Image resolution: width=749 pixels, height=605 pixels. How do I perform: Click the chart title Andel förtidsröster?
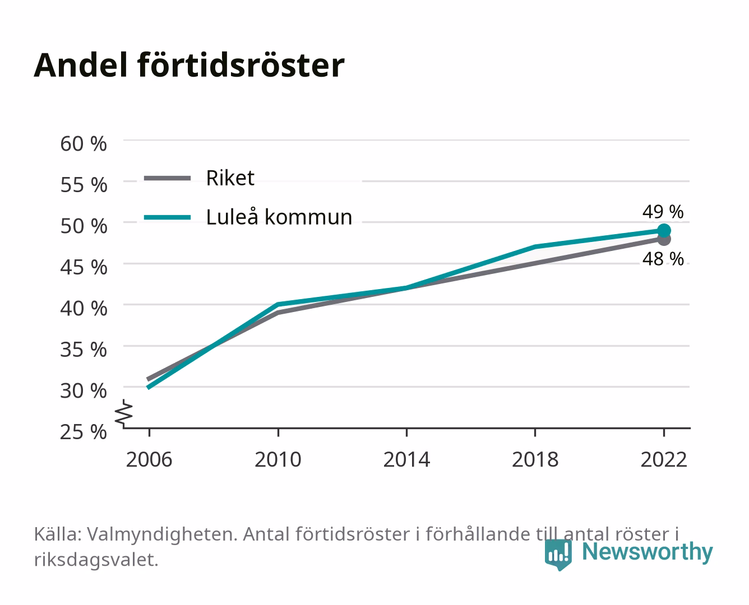pyautogui.click(x=189, y=66)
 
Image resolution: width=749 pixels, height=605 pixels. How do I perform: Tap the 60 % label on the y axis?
pyautogui.click(x=84, y=144)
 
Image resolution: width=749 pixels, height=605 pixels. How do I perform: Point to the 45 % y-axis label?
pyautogui.click(x=84, y=267)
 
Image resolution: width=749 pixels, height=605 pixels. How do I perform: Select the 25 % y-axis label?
pyautogui.click(x=84, y=432)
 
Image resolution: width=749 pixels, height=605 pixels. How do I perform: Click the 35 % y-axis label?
pyautogui.click(x=84, y=350)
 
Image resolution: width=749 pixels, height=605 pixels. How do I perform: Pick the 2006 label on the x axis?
pyautogui.click(x=149, y=459)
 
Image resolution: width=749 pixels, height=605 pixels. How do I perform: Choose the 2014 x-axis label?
pyautogui.click(x=406, y=459)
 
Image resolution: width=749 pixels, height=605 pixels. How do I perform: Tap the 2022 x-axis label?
pyautogui.click(x=664, y=459)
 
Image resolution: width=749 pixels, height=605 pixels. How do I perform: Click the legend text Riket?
pyautogui.click(x=230, y=178)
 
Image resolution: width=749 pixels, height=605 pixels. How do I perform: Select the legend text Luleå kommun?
pyautogui.click(x=279, y=217)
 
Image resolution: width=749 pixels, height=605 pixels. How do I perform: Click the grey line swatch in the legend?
pyautogui.click(x=168, y=179)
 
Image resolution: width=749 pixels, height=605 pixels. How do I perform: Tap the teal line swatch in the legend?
pyautogui.click(x=168, y=217)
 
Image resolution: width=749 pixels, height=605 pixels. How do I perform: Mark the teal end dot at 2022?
pyautogui.click(x=664, y=231)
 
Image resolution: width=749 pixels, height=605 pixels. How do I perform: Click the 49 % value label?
pyautogui.click(x=663, y=212)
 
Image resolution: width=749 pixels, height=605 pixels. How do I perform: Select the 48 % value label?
pyautogui.click(x=663, y=259)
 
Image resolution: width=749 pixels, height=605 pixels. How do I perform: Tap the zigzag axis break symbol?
pyautogui.click(x=124, y=414)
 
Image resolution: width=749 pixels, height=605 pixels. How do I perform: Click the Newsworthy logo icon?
pyautogui.click(x=558, y=555)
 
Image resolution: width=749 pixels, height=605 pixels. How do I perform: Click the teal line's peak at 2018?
pyautogui.click(x=535, y=246)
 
